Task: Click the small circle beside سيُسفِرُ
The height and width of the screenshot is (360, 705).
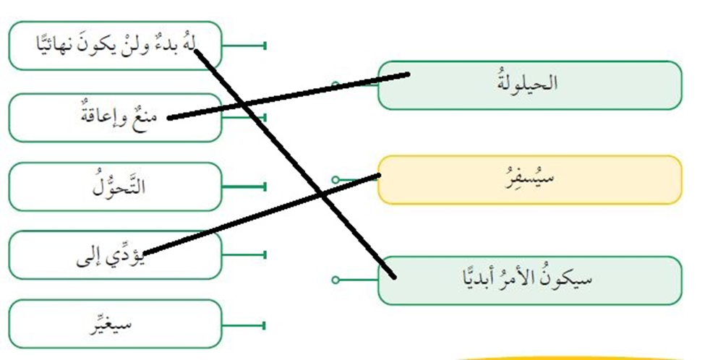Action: [x=335, y=179]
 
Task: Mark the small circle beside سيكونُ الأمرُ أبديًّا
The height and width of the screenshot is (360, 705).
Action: [x=335, y=280]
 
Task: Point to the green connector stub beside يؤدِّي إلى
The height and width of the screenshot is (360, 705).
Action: [x=246, y=255]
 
